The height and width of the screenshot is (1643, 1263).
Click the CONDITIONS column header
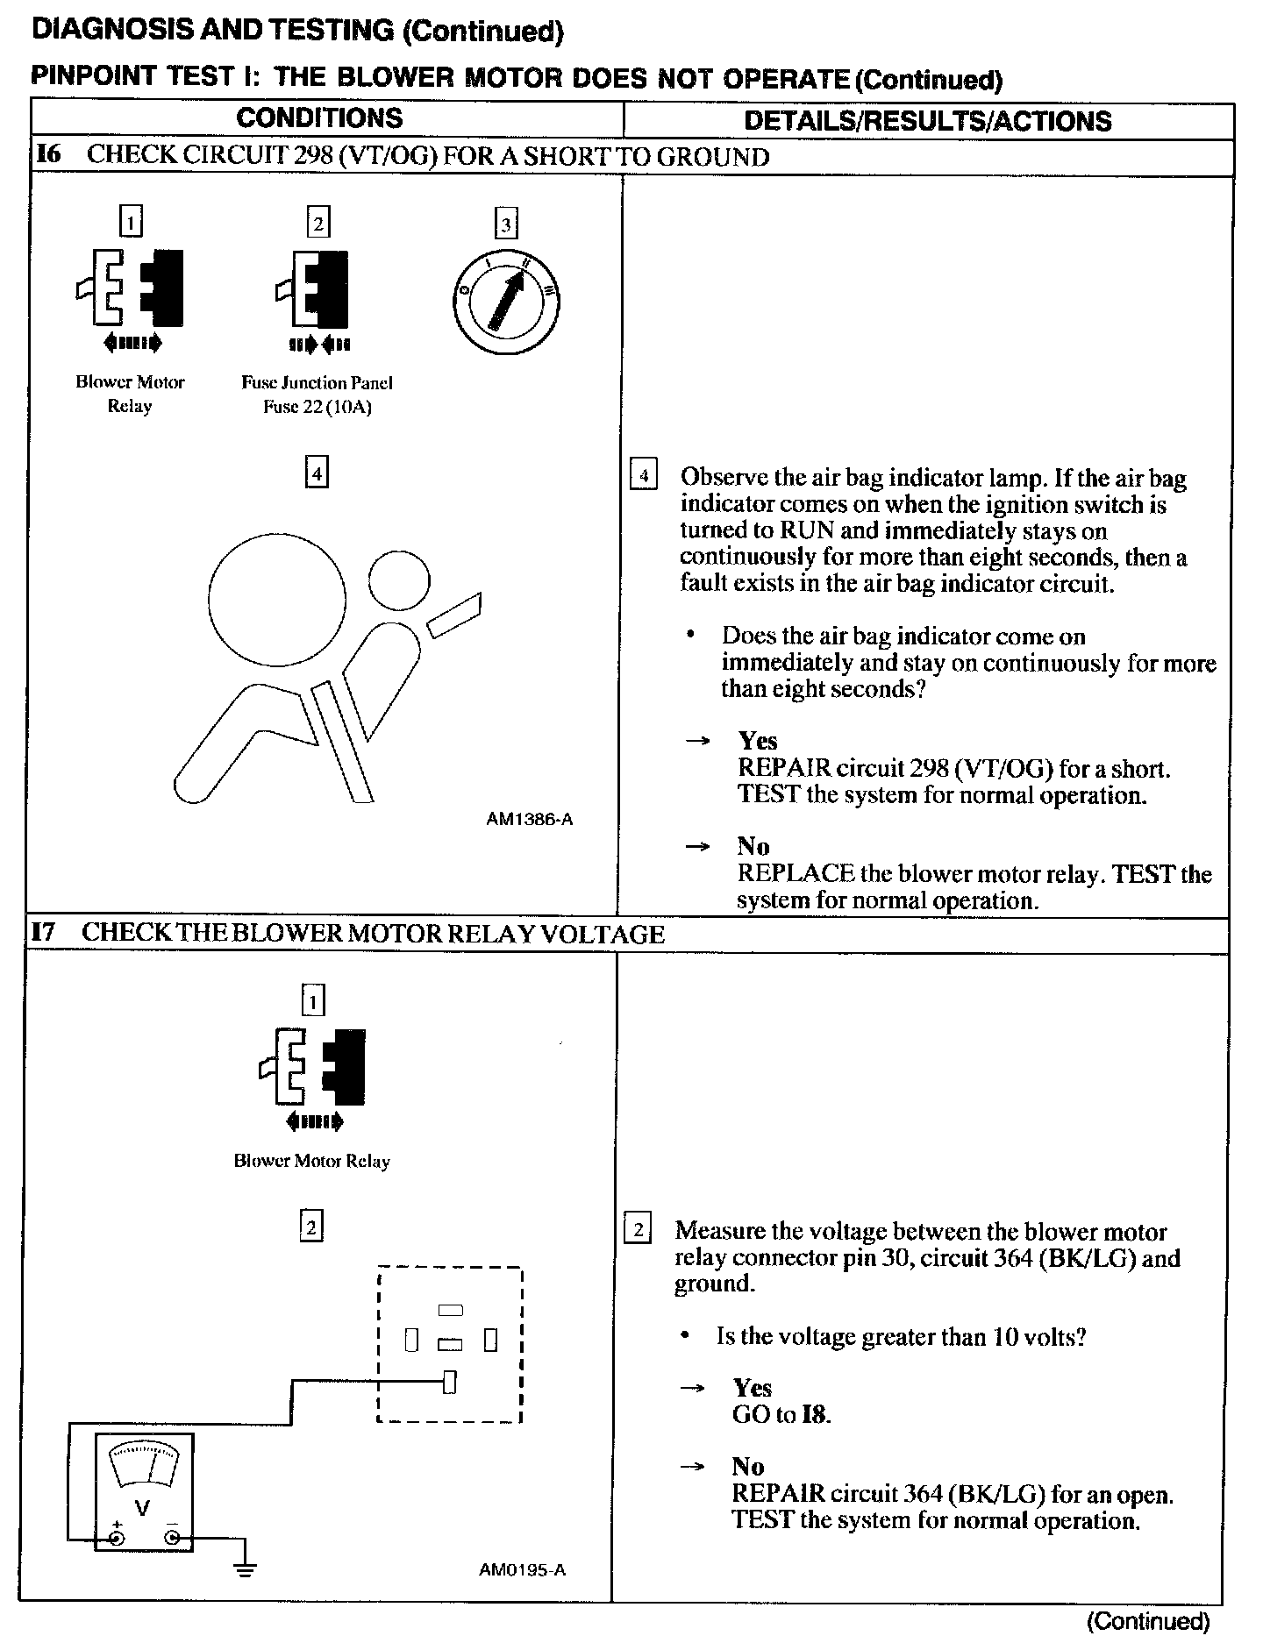pyautogui.click(x=319, y=119)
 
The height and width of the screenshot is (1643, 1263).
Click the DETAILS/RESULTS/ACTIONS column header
pyautogui.click(x=927, y=121)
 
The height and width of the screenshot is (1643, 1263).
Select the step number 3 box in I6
pyautogui.click(x=505, y=224)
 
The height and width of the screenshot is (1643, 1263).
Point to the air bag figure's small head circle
pyautogui.click(x=399, y=580)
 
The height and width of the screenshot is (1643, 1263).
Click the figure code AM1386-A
pyautogui.click(x=530, y=820)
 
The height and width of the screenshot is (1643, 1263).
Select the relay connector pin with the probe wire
pyautogui.click(x=450, y=1383)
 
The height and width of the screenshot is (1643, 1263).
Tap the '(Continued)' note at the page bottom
pyautogui.click(x=1148, y=1621)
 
